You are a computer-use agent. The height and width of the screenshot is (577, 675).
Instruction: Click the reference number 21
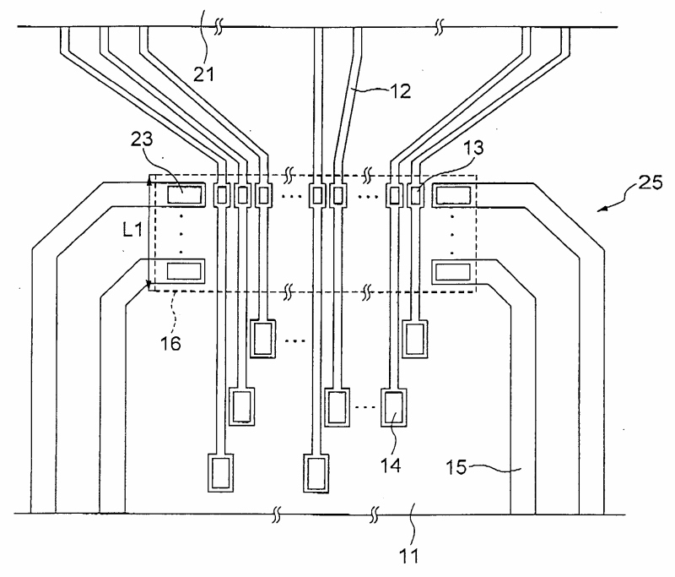pos(203,74)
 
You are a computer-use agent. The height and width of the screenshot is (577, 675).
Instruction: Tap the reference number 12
pos(400,91)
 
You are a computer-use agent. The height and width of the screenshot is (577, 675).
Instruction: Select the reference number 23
pos(142,139)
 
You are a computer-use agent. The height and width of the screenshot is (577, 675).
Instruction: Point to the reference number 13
pos(473,147)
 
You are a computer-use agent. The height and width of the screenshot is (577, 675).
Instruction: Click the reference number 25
pos(650,182)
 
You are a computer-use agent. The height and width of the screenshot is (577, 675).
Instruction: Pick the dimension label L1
pos(132,230)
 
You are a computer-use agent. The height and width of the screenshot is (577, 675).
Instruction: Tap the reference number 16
pos(170,344)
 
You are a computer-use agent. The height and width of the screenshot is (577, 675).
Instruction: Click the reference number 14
pos(391,465)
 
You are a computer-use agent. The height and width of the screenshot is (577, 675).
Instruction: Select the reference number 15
pos(456,467)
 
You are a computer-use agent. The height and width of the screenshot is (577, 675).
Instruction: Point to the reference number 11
pos(409,556)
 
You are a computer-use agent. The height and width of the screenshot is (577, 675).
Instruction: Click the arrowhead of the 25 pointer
pos(601,210)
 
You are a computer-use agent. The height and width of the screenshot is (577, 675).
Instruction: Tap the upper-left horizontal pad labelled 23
pos(184,195)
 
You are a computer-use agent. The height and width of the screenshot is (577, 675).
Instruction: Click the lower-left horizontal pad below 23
pos(184,271)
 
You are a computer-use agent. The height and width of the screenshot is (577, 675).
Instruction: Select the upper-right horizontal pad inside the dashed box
pos(453,196)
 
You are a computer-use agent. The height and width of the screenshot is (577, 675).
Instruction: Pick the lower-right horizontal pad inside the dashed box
pos(453,272)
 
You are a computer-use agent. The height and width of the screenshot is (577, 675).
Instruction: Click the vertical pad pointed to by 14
pos(394,408)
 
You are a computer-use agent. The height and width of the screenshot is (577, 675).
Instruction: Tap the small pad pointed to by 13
pos(415,196)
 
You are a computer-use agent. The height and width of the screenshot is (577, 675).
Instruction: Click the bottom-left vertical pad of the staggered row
pos(221,473)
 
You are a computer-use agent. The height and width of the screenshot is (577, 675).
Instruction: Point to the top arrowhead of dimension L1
pos(149,182)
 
